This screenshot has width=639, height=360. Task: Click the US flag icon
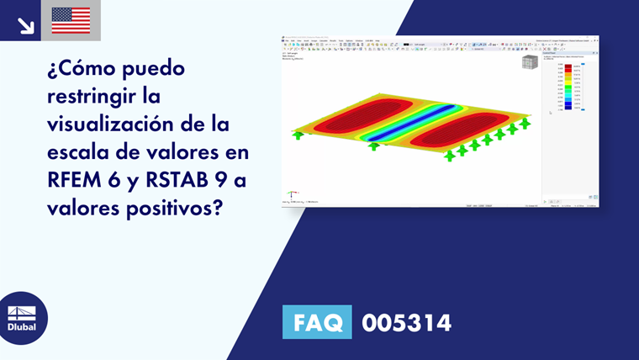tap(71, 19)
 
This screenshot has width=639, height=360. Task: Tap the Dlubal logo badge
tap(22, 319)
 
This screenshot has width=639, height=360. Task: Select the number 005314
tap(406, 322)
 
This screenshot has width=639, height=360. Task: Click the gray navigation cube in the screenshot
tap(529, 63)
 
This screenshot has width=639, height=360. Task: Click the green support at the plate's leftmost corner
tap(296, 134)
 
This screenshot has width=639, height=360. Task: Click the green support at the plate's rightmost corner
tap(525, 123)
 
